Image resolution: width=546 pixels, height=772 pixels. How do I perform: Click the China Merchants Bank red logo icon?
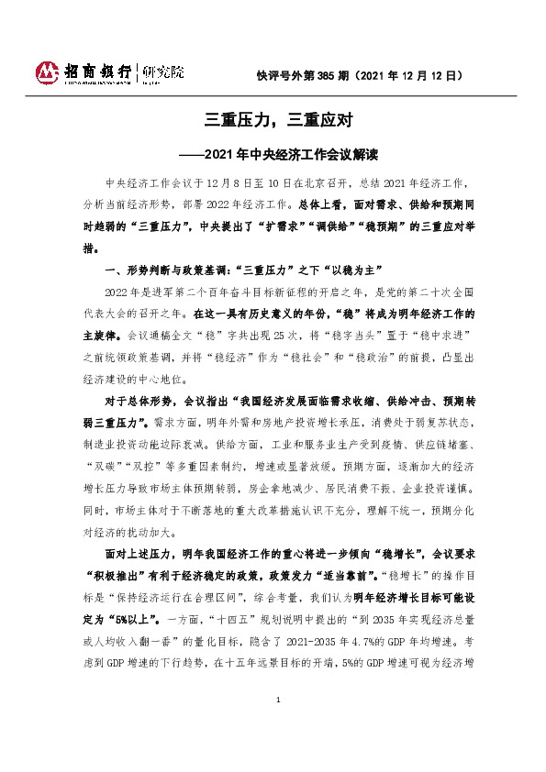point(46,72)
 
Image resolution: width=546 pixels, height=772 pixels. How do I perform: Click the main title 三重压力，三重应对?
point(273,119)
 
